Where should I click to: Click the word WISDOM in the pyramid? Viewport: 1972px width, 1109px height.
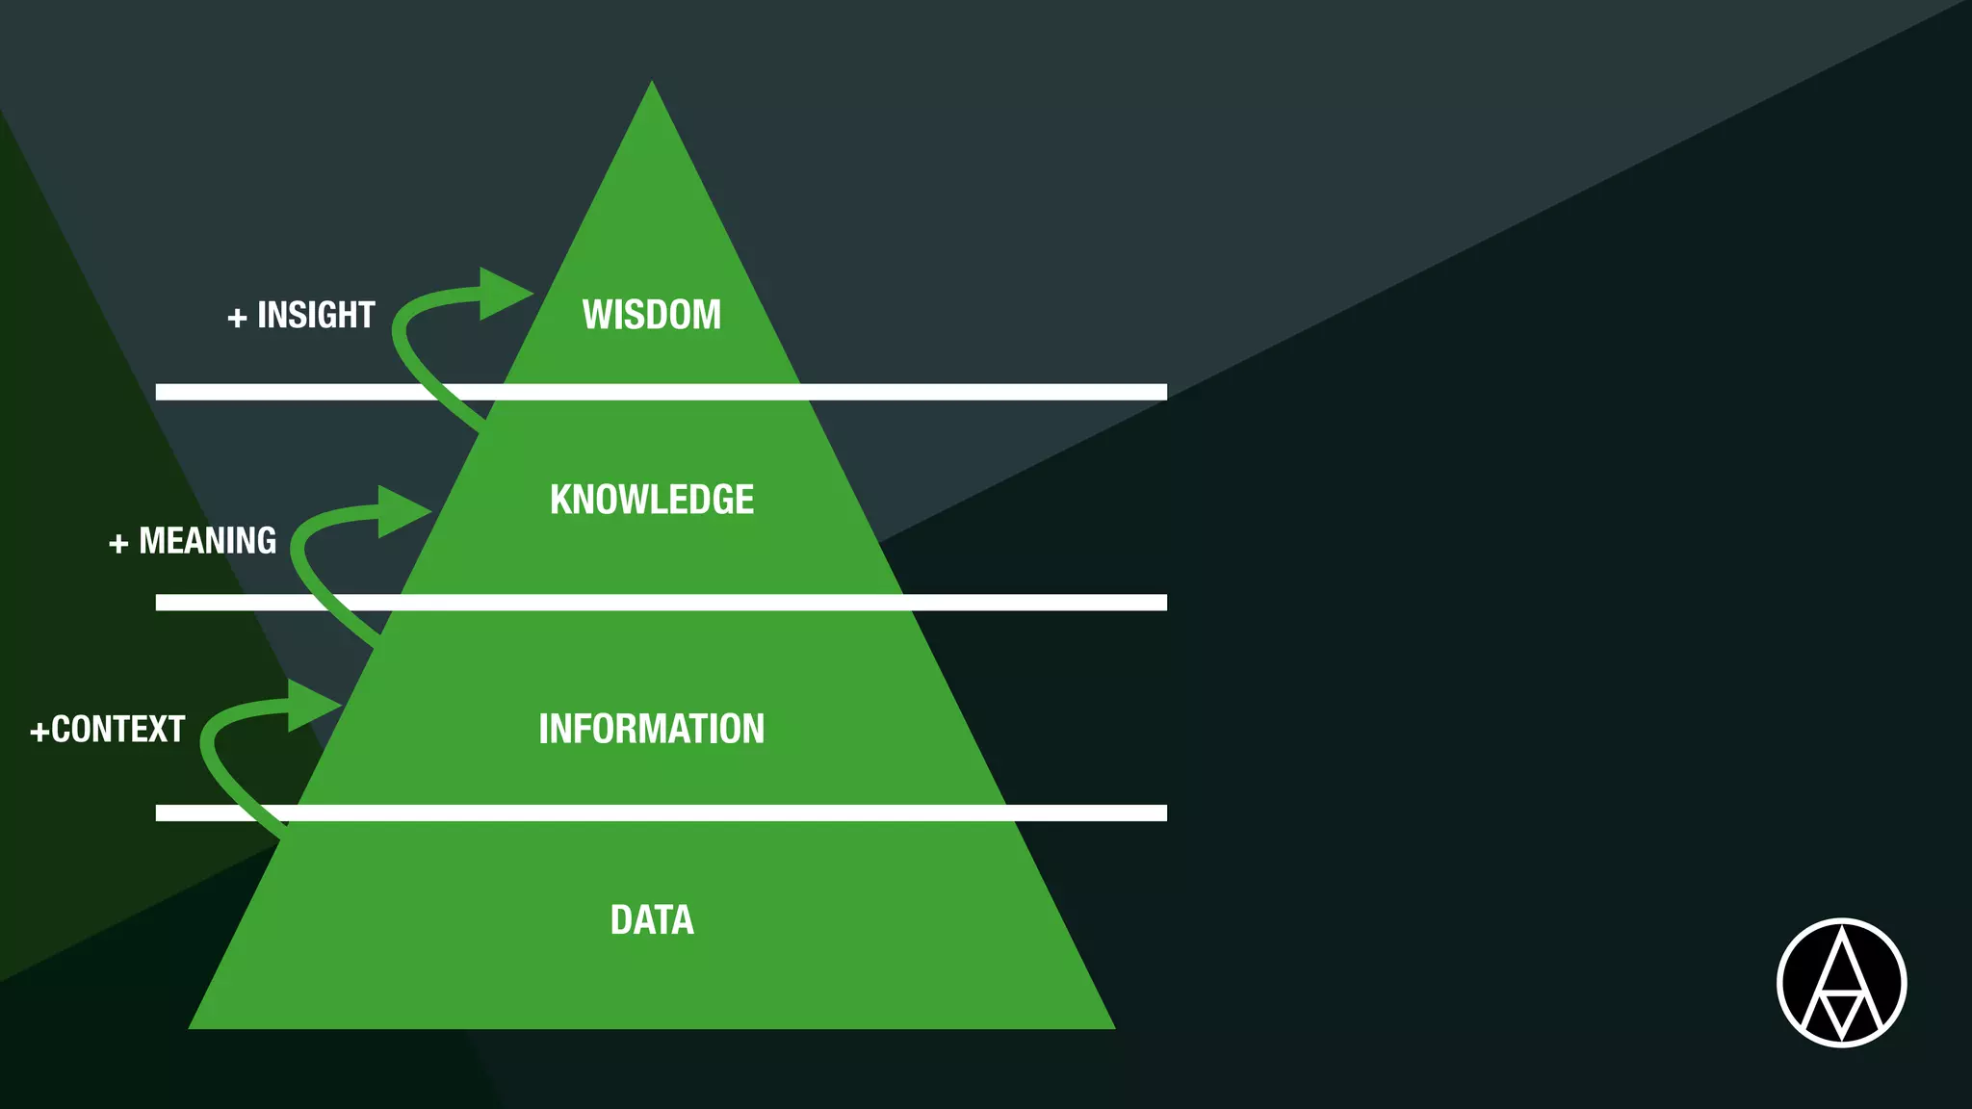pyautogui.click(x=651, y=315)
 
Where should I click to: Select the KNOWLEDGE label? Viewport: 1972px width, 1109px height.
pyautogui.click(x=652, y=500)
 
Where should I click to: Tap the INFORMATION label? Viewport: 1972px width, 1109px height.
pyautogui.click(x=651, y=729)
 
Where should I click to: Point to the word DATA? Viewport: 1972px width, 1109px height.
pyautogui.click(x=652, y=920)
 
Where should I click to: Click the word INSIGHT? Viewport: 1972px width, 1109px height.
pyautogui.click(x=316, y=316)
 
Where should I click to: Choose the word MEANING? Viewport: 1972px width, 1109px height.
pyautogui.click(x=207, y=541)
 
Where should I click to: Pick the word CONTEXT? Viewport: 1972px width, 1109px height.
pyautogui.click(x=117, y=730)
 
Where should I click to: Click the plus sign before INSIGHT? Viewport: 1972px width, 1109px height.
pyautogui.click(x=237, y=318)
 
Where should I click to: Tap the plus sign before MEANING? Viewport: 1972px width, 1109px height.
pyautogui.click(x=118, y=544)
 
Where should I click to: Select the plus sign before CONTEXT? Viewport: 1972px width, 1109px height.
pyautogui.click(x=39, y=732)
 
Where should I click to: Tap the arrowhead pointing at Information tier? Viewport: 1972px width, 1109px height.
pyautogui.click(x=313, y=706)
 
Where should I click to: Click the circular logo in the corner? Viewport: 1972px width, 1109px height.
pyautogui.click(x=1841, y=983)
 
